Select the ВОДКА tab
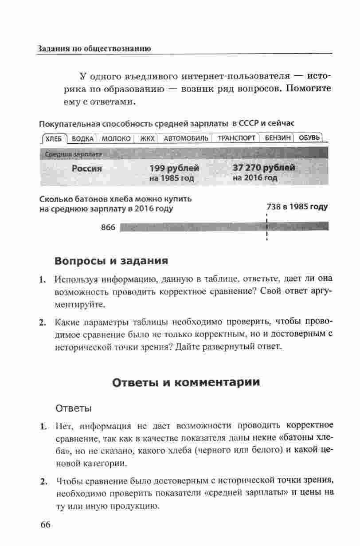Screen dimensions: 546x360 click(83, 138)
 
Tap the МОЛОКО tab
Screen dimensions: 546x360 click(116, 138)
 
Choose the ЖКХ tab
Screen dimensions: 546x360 click(147, 138)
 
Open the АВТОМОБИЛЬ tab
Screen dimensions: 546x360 click(186, 138)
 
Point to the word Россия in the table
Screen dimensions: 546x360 click(87, 169)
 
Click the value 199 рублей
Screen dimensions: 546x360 click(174, 169)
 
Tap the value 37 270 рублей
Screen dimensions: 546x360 click(264, 168)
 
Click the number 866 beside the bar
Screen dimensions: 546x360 click(108, 228)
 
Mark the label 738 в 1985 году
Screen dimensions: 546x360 click(297, 207)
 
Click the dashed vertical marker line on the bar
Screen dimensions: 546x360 click(266, 227)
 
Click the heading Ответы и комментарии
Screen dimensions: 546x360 click(185, 382)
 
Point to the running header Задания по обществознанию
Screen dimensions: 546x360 click(94, 48)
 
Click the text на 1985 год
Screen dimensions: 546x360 click(172, 178)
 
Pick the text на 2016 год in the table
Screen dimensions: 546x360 click(255, 178)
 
